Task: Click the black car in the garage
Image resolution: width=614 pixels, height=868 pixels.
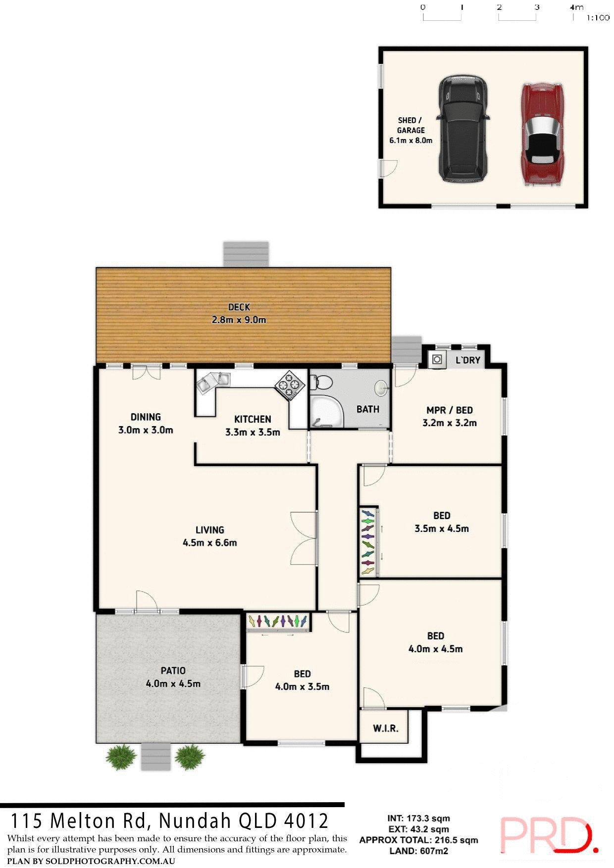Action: (x=462, y=130)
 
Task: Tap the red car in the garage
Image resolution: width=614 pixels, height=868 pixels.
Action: (x=543, y=135)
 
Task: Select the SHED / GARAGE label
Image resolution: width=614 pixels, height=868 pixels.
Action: (x=410, y=130)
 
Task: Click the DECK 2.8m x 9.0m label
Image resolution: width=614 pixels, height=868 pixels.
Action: (x=239, y=313)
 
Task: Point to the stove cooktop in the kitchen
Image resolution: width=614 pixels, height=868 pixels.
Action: (x=290, y=385)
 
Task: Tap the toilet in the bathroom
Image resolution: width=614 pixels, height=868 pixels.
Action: (x=322, y=382)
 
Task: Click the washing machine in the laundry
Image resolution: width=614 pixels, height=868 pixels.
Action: (x=437, y=360)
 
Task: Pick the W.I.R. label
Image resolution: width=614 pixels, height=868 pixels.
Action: (x=385, y=728)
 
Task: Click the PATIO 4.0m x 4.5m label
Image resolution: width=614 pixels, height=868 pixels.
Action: (x=173, y=677)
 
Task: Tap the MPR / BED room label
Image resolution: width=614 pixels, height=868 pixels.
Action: (x=450, y=416)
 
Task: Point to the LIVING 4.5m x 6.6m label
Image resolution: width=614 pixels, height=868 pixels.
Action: (x=210, y=536)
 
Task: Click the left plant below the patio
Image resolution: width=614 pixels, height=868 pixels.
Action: (x=121, y=757)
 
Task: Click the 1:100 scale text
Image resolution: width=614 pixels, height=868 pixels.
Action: (x=598, y=18)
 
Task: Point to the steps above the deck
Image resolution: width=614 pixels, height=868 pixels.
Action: (x=246, y=254)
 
